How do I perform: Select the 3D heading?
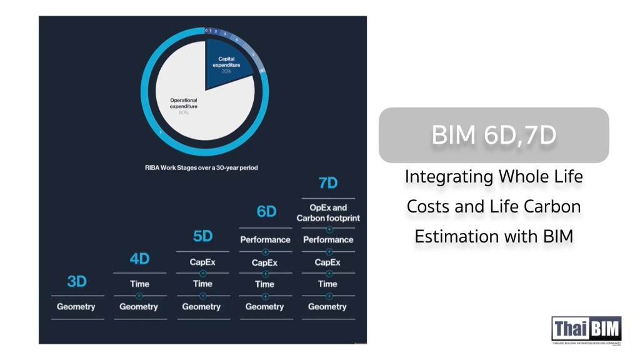click(x=77, y=282)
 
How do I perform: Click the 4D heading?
click(x=139, y=259)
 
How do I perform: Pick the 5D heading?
click(x=202, y=236)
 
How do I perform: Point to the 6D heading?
click(x=266, y=212)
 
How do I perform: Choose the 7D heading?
click(x=328, y=183)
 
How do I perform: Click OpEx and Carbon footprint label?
click(x=328, y=212)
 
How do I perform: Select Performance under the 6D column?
click(x=265, y=239)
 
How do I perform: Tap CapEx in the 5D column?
click(x=202, y=262)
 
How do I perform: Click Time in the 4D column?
click(x=139, y=284)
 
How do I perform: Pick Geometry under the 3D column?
click(x=76, y=307)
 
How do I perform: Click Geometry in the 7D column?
click(x=327, y=307)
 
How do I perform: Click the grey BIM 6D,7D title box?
click(x=494, y=136)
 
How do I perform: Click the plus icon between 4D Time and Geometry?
click(x=139, y=296)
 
